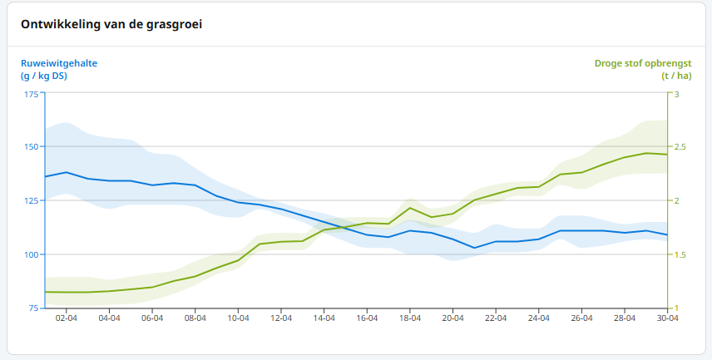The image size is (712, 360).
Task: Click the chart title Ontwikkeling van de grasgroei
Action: coord(111,24)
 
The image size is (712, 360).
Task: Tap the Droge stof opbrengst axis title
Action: coord(642,62)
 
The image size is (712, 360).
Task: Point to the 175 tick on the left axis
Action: coord(32,93)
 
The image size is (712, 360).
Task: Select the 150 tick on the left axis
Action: coord(32,147)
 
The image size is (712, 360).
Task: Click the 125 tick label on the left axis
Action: coord(32,200)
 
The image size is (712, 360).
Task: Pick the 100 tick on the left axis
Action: coord(32,254)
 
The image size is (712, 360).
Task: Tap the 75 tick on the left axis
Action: coord(33,308)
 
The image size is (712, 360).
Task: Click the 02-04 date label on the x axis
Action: coord(67,318)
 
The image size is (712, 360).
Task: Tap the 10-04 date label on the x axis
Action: coord(238,318)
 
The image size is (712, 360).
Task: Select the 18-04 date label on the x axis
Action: coord(409,318)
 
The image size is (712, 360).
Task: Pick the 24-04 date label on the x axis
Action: coord(538,318)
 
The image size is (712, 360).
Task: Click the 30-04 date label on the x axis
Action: coord(666,318)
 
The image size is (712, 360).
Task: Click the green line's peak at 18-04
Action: coord(410,208)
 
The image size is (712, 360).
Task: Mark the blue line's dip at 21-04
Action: coord(474,248)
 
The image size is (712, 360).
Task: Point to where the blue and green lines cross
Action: coord(344,225)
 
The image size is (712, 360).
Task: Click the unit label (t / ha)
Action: coord(676,76)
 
